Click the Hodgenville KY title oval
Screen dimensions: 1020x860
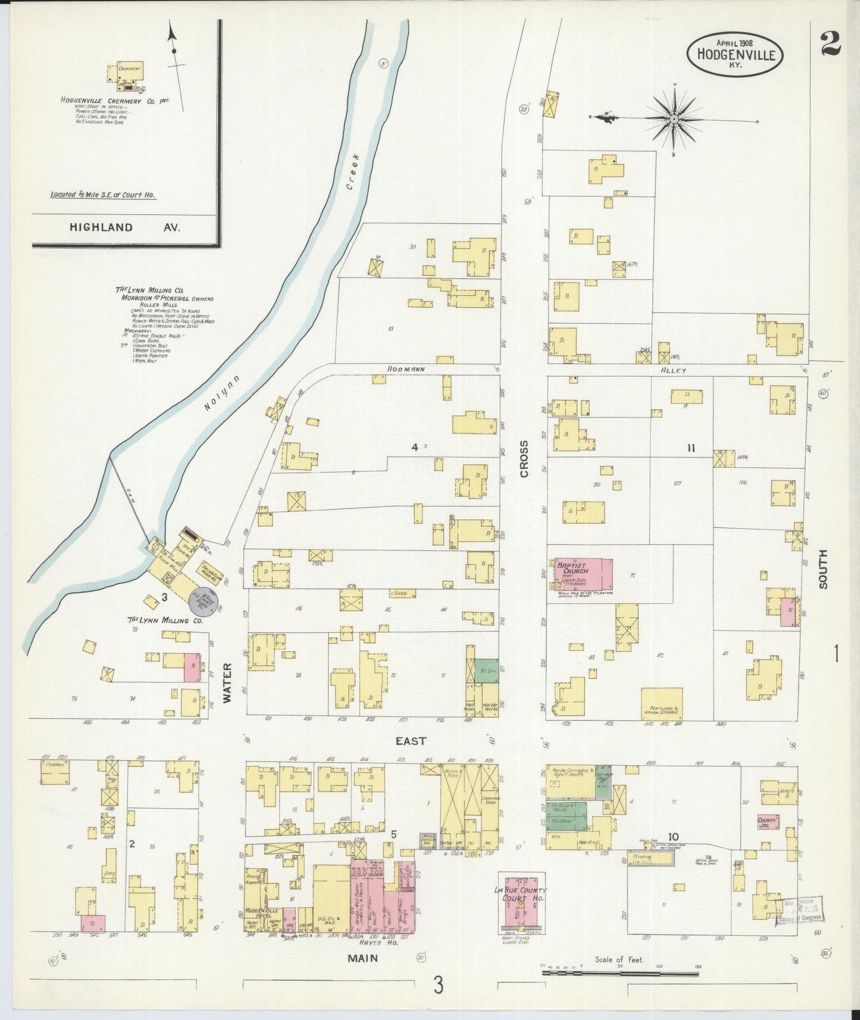click(x=735, y=54)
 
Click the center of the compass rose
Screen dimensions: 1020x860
click(x=674, y=119)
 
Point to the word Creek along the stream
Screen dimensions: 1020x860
click(x=352, y=171)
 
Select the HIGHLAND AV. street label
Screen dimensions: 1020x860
click(x=124, y=227)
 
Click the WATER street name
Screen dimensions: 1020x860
click(x=227, y=683)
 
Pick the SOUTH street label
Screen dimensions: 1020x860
click(x=823, y=569)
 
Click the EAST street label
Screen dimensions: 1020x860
click(x=411, y=740)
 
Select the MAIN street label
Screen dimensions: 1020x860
click(x=363, y=958)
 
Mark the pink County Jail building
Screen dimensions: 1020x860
click(x=767, y=821)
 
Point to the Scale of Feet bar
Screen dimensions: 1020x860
click(x=620, y=974)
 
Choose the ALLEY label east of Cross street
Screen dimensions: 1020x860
click(x=674, y=370)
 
